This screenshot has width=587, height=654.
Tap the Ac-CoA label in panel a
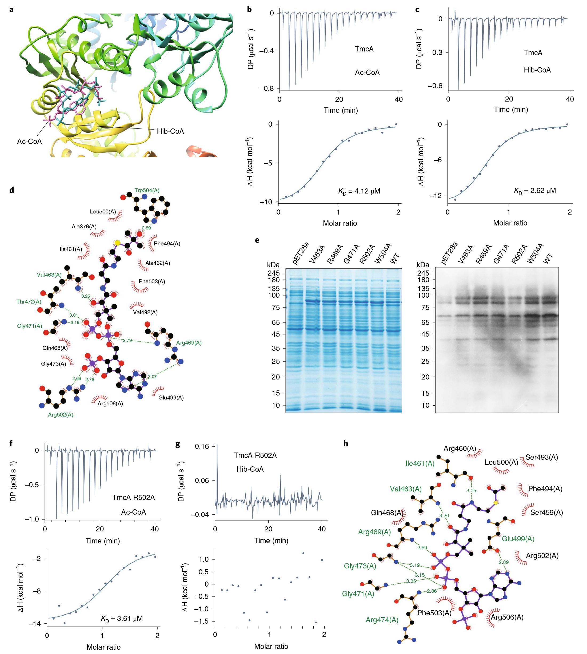click(x=29, y=141)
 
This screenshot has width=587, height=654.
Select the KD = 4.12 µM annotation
click(x=359, y=191)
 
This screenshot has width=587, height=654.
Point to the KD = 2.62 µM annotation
click(x=535, y=191)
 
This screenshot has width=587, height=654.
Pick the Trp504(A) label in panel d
click(x=147, y=191)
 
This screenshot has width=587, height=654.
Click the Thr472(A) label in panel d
click(x=29, y=302)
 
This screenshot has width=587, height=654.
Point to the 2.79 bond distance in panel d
click(x=127, y=340)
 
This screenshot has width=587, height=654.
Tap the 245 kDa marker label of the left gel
click(x=274, y=273)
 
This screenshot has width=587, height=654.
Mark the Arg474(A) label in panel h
click(x=382, y=620)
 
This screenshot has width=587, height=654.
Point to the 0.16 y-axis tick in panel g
click(x=202, y=446)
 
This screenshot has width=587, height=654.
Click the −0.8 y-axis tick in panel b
click(x=266, y=89)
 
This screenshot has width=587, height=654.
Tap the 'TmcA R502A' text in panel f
click(x=134, y=497)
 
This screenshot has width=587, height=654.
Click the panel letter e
click(x=257, y=240)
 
